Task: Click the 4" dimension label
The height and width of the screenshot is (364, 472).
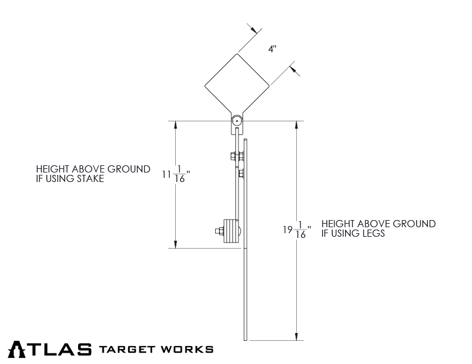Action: click(x=272, y=49)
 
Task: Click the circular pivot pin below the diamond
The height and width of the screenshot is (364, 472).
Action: click(x=237, y=121)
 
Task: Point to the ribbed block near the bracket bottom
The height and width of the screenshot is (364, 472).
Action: click(x=230, y=231)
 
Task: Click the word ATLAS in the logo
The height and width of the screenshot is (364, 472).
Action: click(x=51, y=349)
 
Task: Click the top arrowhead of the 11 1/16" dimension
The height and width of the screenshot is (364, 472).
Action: click(x=176, y=124)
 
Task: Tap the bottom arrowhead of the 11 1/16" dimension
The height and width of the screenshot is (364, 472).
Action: click(x=176, y=244)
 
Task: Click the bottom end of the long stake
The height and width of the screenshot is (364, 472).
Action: click(x=246, y=339)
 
